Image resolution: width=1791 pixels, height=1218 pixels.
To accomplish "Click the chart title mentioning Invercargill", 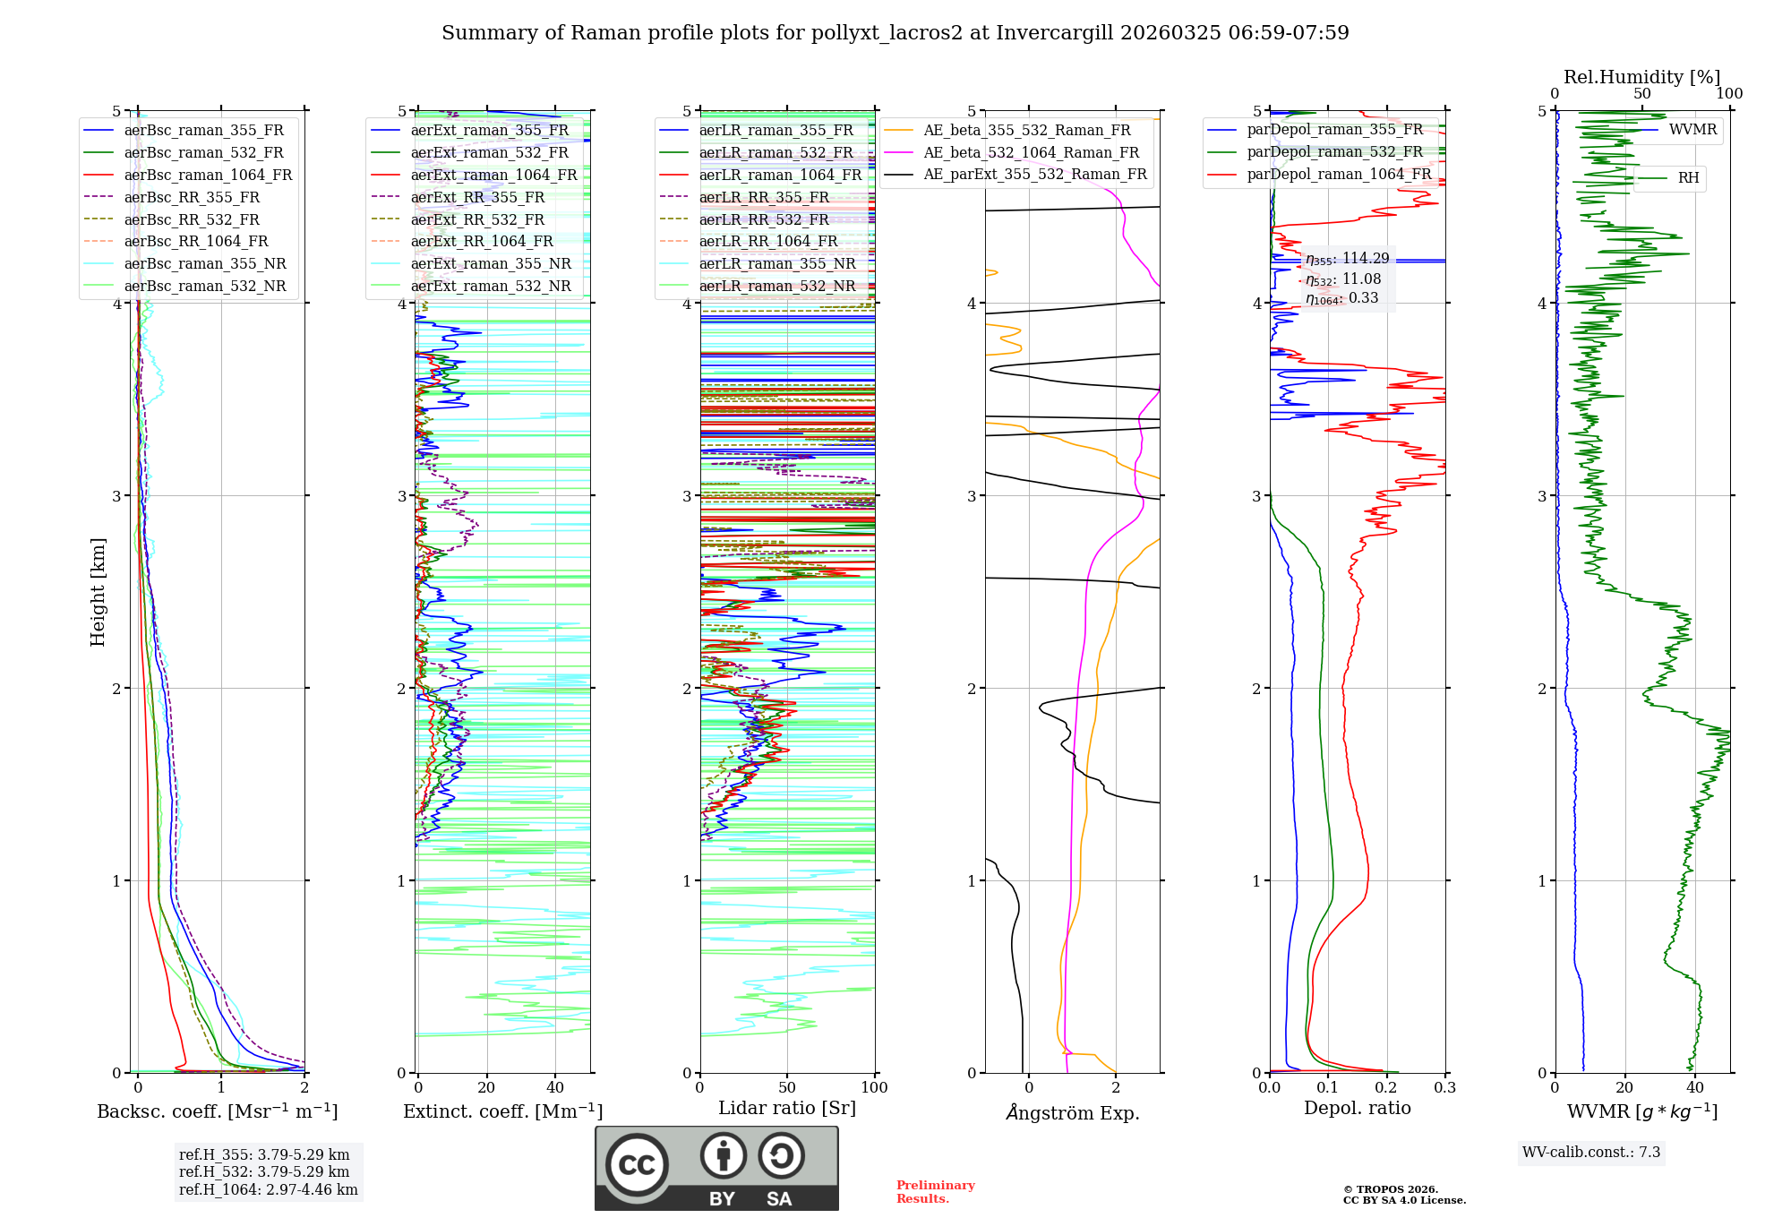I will [895, 33].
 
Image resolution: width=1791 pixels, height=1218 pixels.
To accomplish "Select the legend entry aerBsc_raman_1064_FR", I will [208, 176].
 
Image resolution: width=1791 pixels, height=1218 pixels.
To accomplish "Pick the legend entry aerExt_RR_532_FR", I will [477, 219].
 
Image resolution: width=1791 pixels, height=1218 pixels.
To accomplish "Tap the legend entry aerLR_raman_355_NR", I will [776, 264].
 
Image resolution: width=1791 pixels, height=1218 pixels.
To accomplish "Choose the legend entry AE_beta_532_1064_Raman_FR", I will [1031, 153].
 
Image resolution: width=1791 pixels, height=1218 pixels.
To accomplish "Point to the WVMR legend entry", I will [1692, 130].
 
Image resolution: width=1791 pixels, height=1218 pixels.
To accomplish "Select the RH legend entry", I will [1688, 178].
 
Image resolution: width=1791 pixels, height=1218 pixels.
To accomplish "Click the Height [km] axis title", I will [98, 592].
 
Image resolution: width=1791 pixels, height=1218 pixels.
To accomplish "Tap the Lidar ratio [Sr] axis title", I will [786, 1109].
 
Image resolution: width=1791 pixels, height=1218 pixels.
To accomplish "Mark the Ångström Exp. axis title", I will [1072, 1113].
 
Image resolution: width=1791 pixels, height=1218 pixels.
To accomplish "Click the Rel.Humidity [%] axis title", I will [1641, 77].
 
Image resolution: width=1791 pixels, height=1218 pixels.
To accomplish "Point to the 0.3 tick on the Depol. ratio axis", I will [1444, 1088].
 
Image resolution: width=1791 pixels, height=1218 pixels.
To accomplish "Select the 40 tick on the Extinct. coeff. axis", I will [555, 1088].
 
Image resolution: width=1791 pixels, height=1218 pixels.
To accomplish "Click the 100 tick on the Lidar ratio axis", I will [874, 1088].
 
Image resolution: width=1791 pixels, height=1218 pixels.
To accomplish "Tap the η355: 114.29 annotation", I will [1347, 259].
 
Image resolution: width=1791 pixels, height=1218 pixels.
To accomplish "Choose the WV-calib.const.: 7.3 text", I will [1590, 1153].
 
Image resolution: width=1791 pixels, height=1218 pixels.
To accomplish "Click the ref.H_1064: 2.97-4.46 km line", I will [268, 1190].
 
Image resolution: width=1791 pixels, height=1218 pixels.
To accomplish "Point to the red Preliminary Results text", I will [935, 1192].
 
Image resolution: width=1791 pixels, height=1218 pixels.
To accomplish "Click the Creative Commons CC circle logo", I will [637, 1164].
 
